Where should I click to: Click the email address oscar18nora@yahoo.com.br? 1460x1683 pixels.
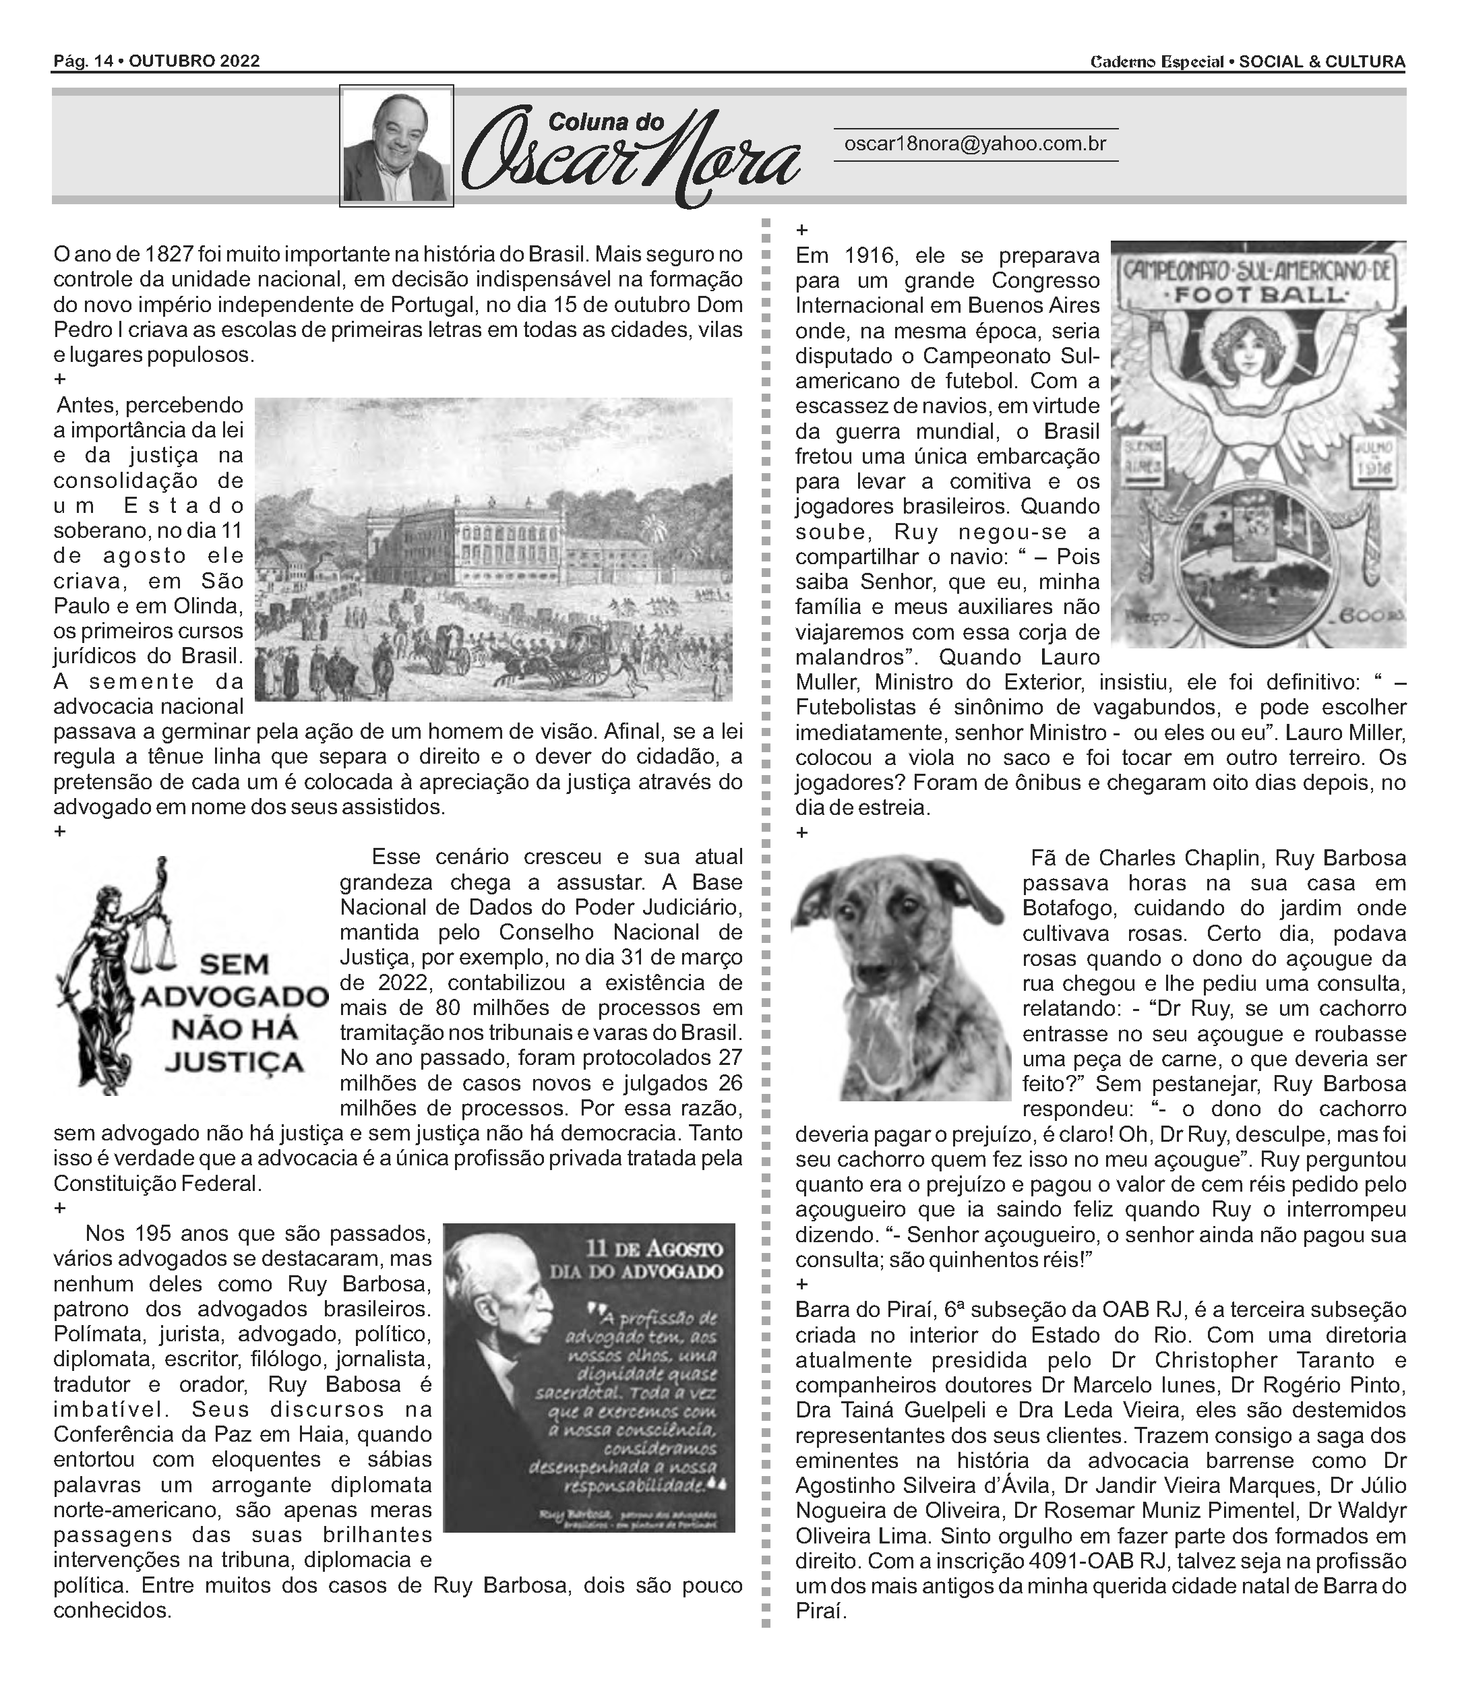(x=975, y=144)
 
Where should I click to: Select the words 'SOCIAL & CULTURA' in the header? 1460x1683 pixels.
(x=1322, y=62)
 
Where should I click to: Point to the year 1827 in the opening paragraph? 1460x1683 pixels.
(x=169, y=254)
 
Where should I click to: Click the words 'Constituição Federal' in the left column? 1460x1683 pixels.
(x=157, y=1184)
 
